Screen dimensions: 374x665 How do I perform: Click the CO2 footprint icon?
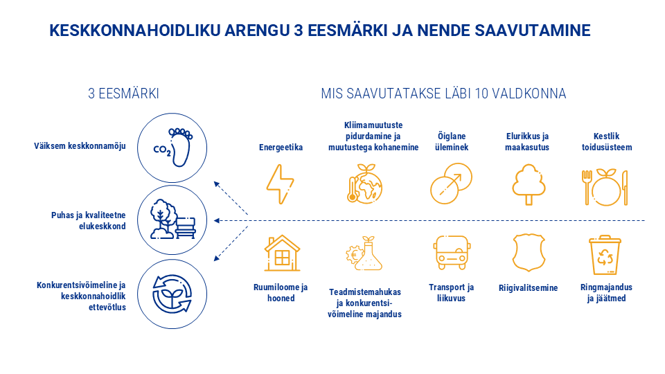tap(173, 145)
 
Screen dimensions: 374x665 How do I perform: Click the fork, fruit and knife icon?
tap(605, 186)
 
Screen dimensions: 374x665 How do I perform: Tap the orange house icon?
tap(282, 253)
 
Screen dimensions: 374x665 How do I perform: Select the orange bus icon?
tap(451, 253)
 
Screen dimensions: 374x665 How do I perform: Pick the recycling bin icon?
tap(605, 254)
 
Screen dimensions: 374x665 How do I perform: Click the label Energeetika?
tap(281, 148)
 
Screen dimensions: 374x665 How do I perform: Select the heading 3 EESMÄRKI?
tap(123, 93)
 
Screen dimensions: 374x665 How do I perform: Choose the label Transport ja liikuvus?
tap(451, 293)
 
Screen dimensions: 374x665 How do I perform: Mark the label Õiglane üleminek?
tap(451, 142)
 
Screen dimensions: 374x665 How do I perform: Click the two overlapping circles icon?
tap(451, 183)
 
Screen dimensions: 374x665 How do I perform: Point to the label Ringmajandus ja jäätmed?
tap(606, 293)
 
